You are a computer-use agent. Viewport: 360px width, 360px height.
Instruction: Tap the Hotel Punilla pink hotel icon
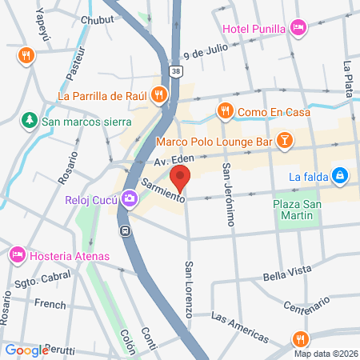pos(298,29)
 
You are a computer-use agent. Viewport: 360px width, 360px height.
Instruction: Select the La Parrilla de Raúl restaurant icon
pos(159,96)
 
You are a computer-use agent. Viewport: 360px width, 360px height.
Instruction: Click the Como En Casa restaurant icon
pos(226,110)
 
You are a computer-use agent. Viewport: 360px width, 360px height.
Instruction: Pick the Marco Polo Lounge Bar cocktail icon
pos(283,141)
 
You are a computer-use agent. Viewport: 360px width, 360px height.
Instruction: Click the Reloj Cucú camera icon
pos(129,198)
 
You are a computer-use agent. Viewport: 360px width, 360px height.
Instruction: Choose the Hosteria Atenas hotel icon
pos(15,256)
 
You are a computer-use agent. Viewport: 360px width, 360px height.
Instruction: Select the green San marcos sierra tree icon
pos(29,120)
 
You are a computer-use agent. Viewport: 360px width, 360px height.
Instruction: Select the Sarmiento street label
pos(163,188)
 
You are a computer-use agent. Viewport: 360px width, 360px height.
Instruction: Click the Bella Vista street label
pos(287,276)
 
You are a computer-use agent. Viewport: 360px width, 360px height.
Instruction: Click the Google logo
pos(26,350)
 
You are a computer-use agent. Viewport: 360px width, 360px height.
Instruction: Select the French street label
pos(50,305)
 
